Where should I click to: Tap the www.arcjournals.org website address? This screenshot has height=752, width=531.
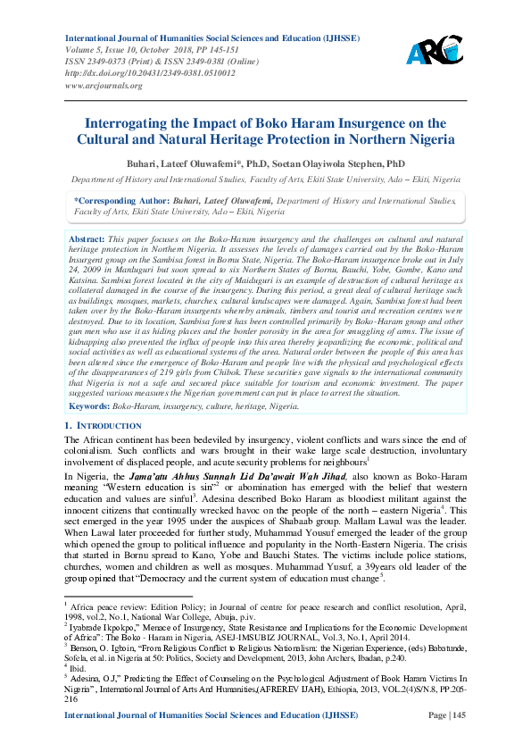click(x=103, y=85)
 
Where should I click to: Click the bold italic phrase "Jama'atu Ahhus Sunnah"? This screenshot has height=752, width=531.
click(x=172, y=479)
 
